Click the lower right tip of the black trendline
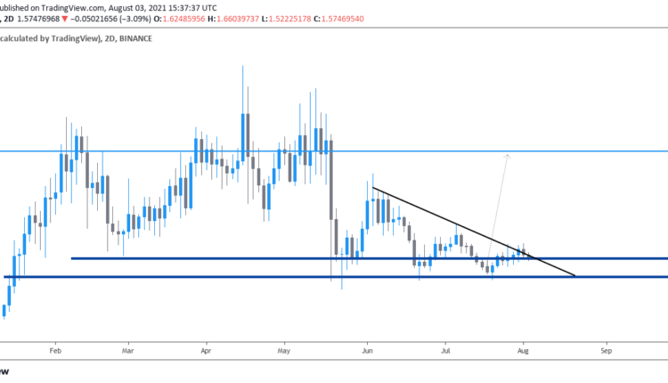pos(575,276)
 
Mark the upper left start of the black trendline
pos(373,188)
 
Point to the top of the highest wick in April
pos(243,66)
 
